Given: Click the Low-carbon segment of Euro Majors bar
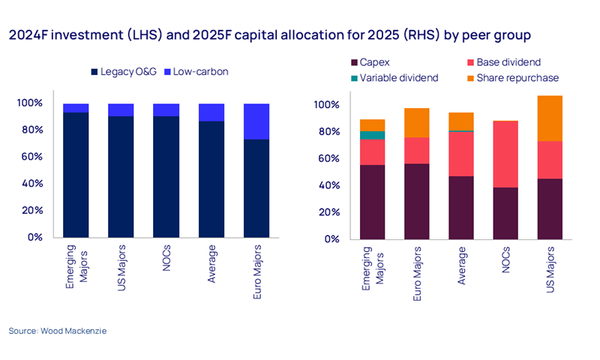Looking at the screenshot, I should click(x=256, y=121).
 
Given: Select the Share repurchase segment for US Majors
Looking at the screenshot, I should click(x=550, y=118).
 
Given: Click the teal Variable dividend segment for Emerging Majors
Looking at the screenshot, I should click(x=373, y=136).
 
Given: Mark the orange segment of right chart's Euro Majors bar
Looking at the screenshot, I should click(x=417, y=123).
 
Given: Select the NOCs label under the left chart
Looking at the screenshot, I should click(x=166, y=259).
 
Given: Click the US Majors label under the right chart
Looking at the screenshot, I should click(x=550, y=268).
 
